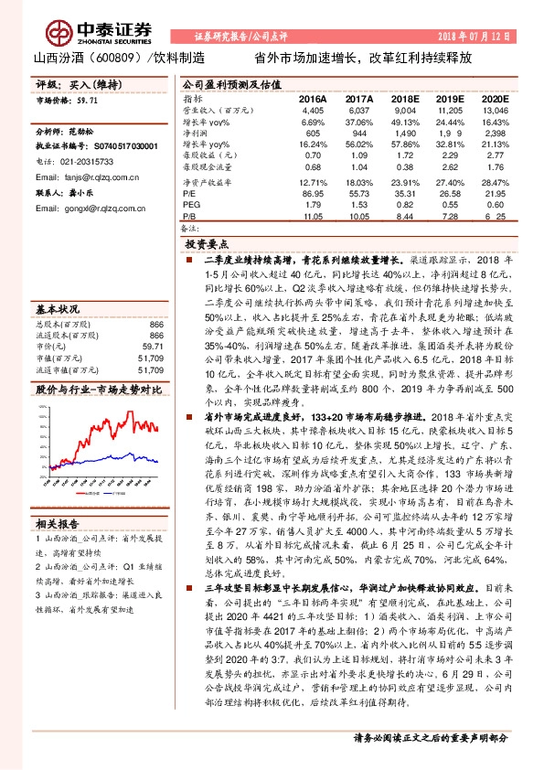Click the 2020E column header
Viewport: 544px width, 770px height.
pyautogui.click(x=494, y=97)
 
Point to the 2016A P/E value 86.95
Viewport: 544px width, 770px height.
pyautogui.click(x=313, y=194)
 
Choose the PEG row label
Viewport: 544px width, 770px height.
pyautogui.click(x=190, y=206)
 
